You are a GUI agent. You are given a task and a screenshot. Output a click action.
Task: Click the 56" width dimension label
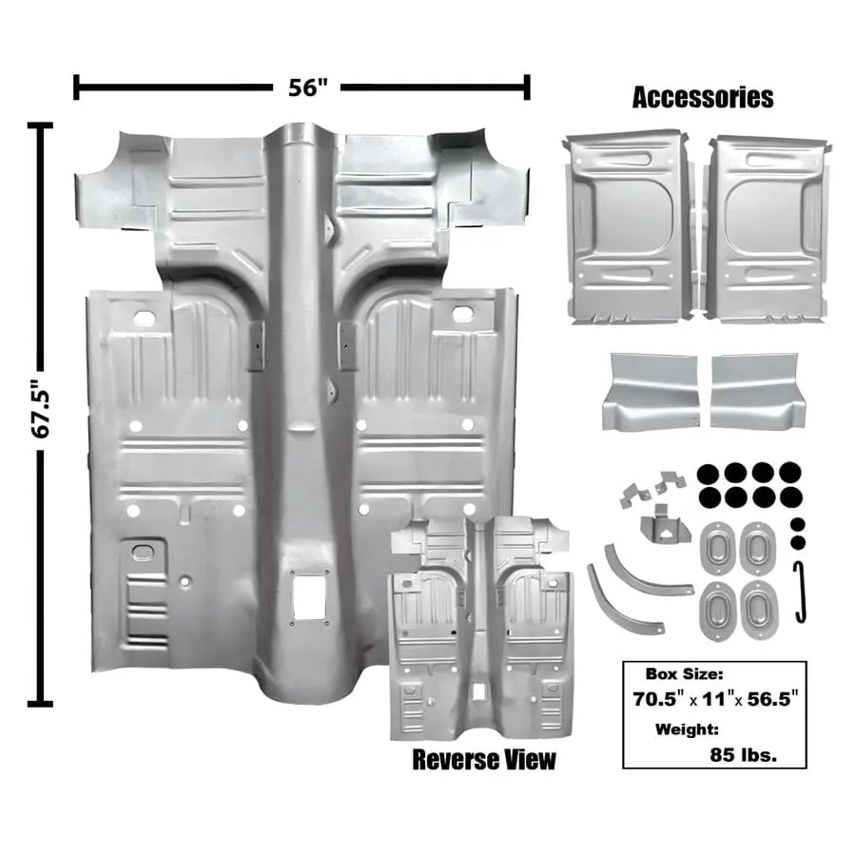306,88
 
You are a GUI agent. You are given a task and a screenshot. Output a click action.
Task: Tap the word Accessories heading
702,98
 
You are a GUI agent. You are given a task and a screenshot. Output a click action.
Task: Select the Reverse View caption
483,760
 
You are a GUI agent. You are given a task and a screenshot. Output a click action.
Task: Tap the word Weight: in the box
686,730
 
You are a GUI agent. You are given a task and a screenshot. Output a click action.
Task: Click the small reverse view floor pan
481,628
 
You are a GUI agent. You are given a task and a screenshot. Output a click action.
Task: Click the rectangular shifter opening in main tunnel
308,597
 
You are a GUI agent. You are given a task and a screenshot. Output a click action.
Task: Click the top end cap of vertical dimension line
40,127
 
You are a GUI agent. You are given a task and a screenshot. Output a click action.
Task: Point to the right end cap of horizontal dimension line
526,88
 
